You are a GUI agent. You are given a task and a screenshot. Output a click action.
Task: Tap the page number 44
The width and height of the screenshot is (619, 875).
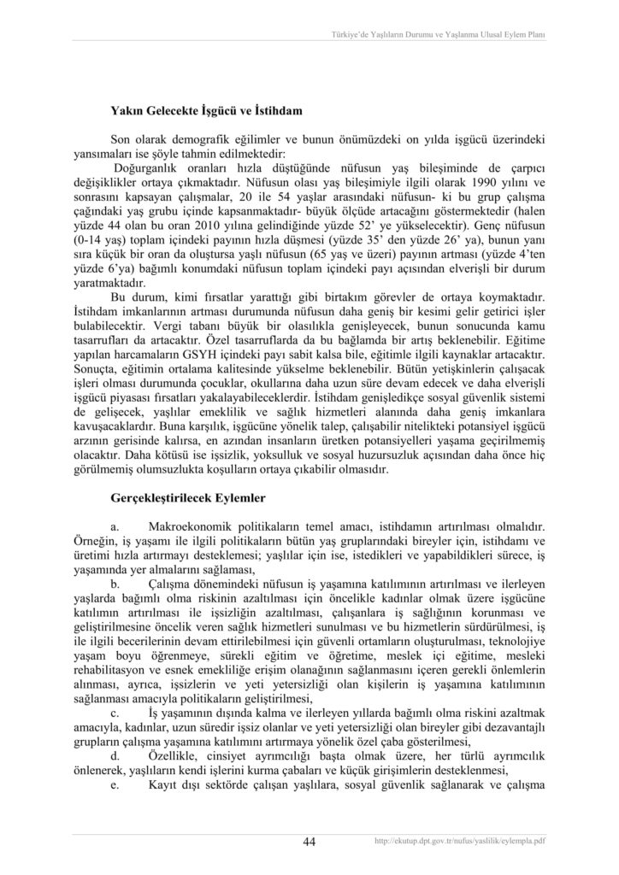click(309, 842)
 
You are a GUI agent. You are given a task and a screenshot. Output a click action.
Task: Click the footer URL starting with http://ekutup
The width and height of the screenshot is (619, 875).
click(460, 843)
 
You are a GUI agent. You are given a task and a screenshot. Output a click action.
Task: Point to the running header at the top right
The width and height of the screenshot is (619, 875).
click(438, 34)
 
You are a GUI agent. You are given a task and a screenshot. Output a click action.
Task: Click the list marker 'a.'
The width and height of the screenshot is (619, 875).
click(117, 522)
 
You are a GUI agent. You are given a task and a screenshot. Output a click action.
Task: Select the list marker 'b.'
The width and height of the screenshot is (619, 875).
click(117, 582)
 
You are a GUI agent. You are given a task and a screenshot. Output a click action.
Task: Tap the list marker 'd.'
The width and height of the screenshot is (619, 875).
click(117, 758)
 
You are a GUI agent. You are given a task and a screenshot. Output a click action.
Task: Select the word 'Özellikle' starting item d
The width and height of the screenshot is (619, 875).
click(176, 758)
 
